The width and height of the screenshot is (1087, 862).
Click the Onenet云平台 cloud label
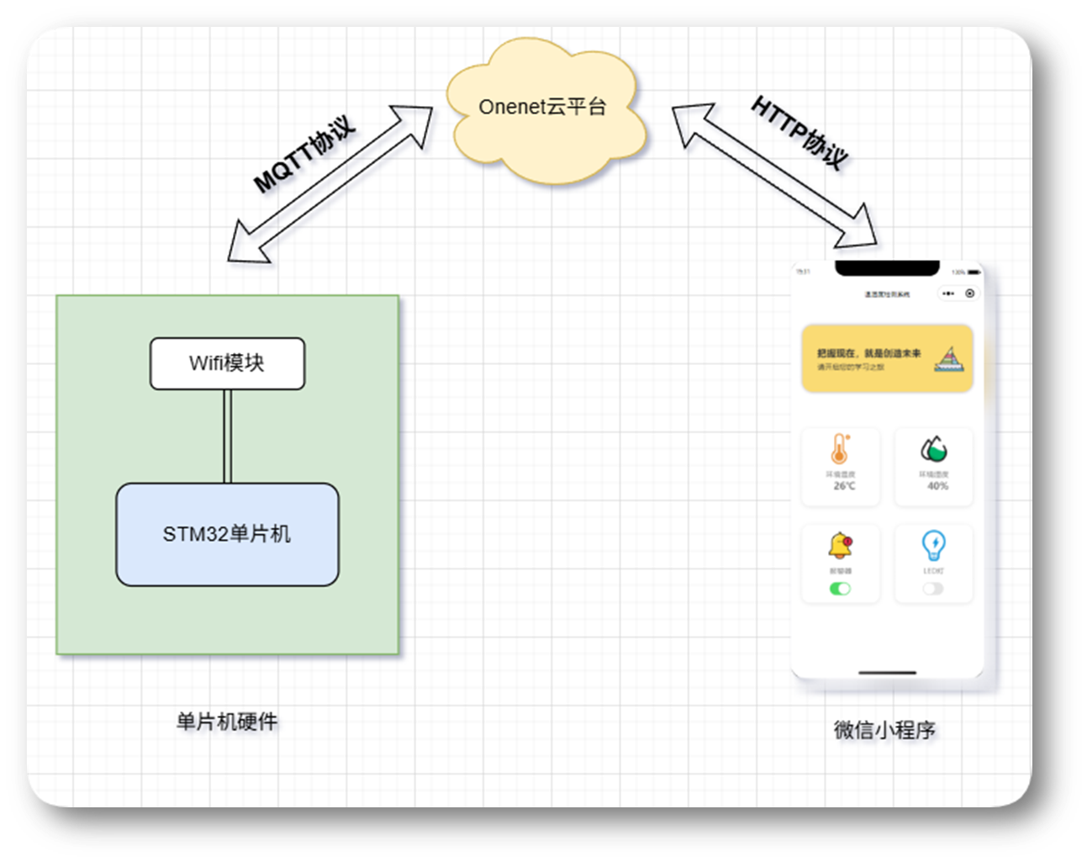coord(542,107)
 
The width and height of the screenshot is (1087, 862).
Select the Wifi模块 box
coord(227,363)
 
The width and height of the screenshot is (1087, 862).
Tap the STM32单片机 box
coord(227,534)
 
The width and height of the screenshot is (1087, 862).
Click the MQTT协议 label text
coord(304,154)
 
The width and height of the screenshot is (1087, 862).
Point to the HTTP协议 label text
coord(799,132)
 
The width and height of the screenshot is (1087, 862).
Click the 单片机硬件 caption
coord(227,722)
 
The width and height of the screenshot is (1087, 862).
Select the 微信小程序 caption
coord(884,730)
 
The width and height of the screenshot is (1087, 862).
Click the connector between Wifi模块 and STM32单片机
coord(227,436)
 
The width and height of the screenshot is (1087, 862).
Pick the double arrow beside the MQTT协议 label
coord(330,184)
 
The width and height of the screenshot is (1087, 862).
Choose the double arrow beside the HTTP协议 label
coord(773,176)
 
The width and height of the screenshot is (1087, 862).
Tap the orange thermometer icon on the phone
coord(840,449)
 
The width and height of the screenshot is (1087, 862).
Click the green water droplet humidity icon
coord(933,449)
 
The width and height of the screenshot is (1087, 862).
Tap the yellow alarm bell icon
coord(840,545)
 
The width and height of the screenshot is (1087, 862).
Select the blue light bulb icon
coord(933,545)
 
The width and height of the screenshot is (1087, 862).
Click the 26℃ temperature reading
coord(844,486)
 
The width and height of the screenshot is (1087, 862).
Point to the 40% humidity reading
coord(937,486)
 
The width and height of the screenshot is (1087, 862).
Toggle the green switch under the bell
coord(840,589)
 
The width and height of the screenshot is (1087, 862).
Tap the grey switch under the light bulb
coord(933,589)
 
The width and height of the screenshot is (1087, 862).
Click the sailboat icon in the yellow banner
coord(949,359)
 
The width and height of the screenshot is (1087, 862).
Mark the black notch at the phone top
coord(887,268)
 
